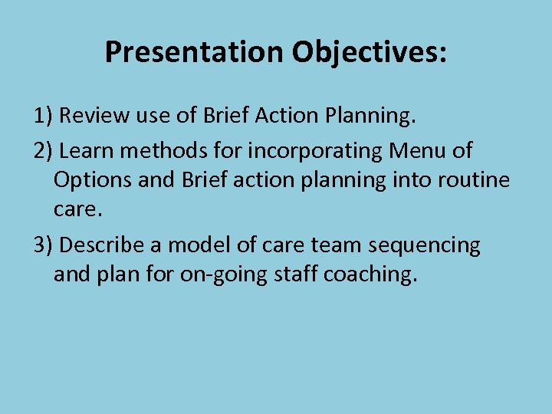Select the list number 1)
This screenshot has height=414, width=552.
[x=43, y=116]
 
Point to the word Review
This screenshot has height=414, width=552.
[x=90, y=116]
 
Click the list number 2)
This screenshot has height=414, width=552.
[x=43, y=151]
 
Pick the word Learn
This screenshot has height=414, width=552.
[x=84, y=151]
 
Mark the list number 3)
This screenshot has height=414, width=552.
[x=43, y=246]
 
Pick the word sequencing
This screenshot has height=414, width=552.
[x=425, y=246]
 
